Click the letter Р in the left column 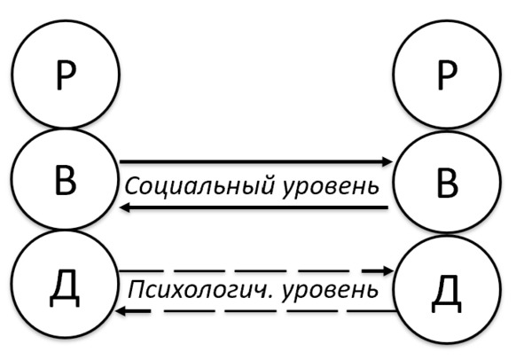click(x=66, y=75)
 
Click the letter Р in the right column click(x=447, y=75)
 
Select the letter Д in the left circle click(x=65, y=292)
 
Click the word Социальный click(x=199, y=186)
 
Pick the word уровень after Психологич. click(x=331, y=292)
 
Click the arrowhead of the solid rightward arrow click(x=387, y=161)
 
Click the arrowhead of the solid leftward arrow click(x=125, y=207)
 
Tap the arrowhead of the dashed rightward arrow click(x=389, y=270)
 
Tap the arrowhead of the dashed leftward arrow click(x=121, y=311)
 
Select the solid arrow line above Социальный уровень click(x=256, y=161)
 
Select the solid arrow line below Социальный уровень click(x=254, y=207)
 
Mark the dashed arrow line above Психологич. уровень click(x=256, y=270)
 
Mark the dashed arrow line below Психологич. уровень click(x=255, y=311)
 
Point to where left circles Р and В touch click(x=66, y=128)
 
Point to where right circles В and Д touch click(x=447, y=233)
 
